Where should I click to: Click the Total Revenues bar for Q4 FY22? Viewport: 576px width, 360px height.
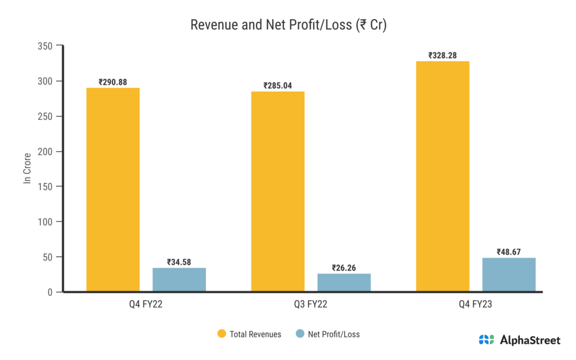(x=112, y=190)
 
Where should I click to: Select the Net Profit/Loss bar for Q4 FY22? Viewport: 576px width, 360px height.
(x=179, y=280)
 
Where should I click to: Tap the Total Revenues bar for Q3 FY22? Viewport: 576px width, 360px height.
(x=277, y=191)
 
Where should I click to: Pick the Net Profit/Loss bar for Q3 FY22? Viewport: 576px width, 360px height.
(x=344, y=282)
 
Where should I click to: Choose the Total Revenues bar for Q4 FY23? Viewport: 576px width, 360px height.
(x=443, y=176)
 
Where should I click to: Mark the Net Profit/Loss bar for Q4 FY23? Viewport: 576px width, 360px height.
(x=509, y=274)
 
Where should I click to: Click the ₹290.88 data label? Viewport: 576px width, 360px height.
(x=112, y=82)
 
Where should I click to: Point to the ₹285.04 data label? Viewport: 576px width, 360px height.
(x=278, y=85)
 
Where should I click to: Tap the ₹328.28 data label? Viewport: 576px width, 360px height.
(x=443, y=55)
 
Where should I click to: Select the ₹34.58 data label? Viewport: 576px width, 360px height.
(x=179, y=262)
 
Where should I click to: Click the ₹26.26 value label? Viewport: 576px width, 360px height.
(x=344, y=268)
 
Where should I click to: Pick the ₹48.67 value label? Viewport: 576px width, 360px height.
(x=509, y=252)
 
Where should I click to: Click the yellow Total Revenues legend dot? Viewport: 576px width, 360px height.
(x=222, y=334)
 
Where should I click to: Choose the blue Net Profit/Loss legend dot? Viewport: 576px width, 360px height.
(x=300, y=334)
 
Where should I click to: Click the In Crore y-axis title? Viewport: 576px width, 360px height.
(x=26, y=169)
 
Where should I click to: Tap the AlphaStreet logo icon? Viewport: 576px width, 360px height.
(x=486, y=340)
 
